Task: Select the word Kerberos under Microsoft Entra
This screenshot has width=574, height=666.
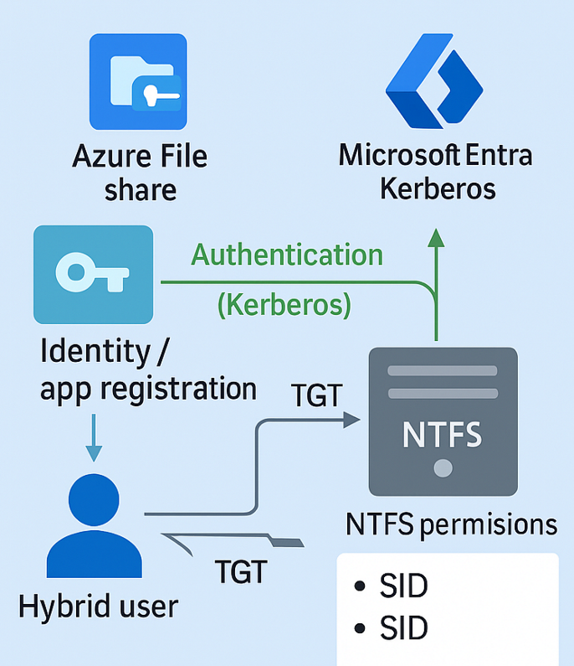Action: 438,188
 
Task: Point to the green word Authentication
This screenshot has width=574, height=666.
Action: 288,254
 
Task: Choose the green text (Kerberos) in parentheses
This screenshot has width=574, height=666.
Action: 284,304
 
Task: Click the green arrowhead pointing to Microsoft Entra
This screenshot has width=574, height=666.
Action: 435,237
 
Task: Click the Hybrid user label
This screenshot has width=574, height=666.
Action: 99,606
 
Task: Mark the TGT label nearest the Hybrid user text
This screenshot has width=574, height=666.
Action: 240,573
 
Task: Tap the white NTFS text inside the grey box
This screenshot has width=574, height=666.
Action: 443,436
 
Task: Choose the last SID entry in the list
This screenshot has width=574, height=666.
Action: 402,627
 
